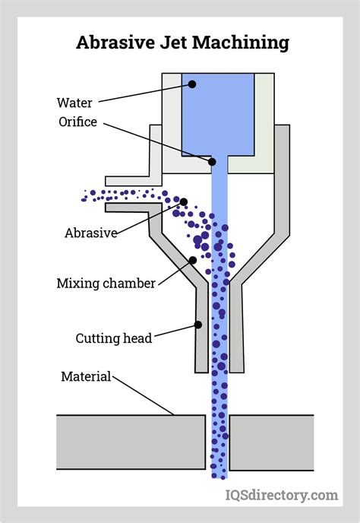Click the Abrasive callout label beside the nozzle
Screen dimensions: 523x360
(90, 233)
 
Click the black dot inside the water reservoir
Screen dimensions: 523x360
(192, 84)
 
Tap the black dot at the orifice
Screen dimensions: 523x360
(212, 161)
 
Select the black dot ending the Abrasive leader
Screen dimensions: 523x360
(184, 201)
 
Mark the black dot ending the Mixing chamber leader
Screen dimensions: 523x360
(193, 260)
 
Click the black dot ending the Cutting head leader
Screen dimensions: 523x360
(197, 325)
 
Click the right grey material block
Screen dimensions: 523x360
(271, 442)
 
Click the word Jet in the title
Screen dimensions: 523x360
(175, 43)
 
